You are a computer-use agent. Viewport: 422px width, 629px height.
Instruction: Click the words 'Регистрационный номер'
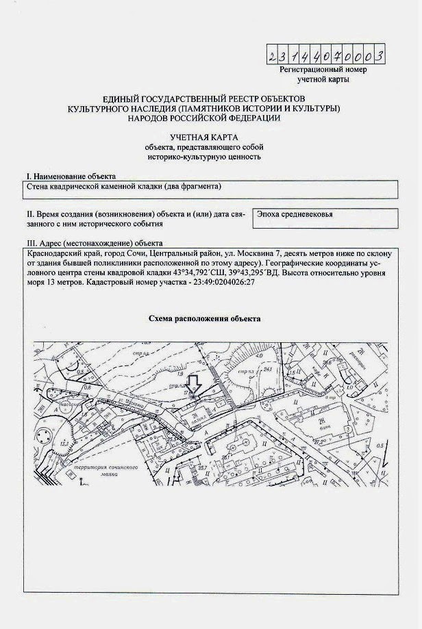(x=323, y=70)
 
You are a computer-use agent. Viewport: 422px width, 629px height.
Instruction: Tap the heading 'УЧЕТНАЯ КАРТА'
(x=203, y=137)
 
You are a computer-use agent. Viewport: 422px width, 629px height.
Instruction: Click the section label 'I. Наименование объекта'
(x=71, y=176)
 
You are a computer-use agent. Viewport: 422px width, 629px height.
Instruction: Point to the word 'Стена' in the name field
(x=38, y=186)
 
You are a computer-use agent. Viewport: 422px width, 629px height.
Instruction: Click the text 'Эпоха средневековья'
(x=295, y=214)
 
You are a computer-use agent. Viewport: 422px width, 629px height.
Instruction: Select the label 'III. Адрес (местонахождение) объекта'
(x=94, y=243)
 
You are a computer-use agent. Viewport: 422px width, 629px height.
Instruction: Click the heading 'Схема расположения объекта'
(x=204, y=319)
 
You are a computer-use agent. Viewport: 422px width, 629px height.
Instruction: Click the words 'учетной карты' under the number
(x=323, y=79)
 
